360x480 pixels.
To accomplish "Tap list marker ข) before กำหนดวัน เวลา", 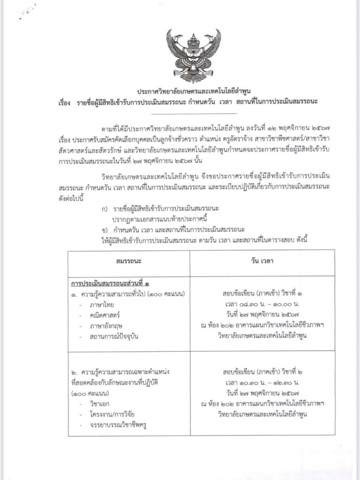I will click(104, 229).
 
